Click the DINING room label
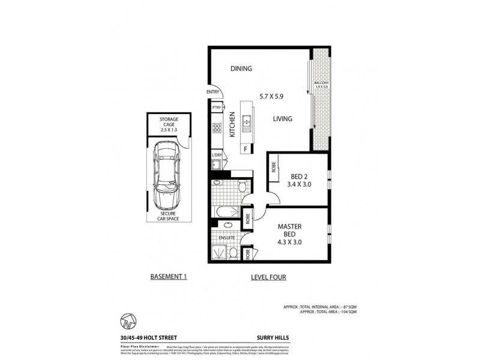[x=241, y=68]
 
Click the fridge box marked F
[x=245, y=148]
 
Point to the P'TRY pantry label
[x=217, y=107]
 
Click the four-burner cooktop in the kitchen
[x=217, y=127]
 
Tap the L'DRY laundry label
[x=217, y=156]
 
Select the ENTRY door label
[x=213, y=92]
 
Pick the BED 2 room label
[x=299, y=176]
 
